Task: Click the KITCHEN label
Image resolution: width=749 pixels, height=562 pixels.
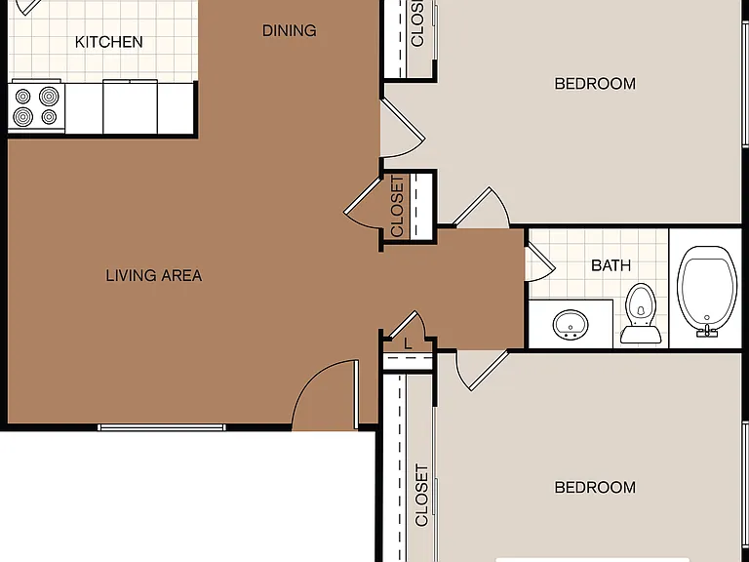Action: click(x=109, y=42)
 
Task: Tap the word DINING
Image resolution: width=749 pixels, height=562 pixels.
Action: click(x=289, y=30)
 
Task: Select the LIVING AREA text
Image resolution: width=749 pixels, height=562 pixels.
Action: click(x=154, y=275)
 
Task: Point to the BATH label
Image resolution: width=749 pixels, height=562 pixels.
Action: click(x=611, y=265)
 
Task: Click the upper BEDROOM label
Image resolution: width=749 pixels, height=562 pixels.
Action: click(x=595, y=84)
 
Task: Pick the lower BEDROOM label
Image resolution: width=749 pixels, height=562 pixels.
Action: click(x=595, y=487)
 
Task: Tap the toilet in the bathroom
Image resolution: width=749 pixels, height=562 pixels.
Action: click(x=641, y=313)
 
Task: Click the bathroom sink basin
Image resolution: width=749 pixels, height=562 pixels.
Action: click(x=571, y=325)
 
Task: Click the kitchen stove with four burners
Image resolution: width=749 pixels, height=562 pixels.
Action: click(x=36, y=106)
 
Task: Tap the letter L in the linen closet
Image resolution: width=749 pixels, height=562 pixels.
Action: click(x=408, y=343)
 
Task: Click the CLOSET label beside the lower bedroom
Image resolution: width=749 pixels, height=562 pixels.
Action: click(x=421, y=495)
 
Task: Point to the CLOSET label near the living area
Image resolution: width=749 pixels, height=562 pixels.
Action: click(x=397, y=206)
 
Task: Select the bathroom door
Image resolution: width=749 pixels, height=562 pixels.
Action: click(x=540, y=262)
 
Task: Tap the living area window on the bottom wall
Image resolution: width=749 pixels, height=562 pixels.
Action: click(x=162, y=427)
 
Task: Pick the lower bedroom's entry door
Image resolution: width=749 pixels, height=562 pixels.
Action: click(x=482, y=371)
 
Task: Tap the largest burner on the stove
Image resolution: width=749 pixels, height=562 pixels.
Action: click(x=49, y=96)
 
